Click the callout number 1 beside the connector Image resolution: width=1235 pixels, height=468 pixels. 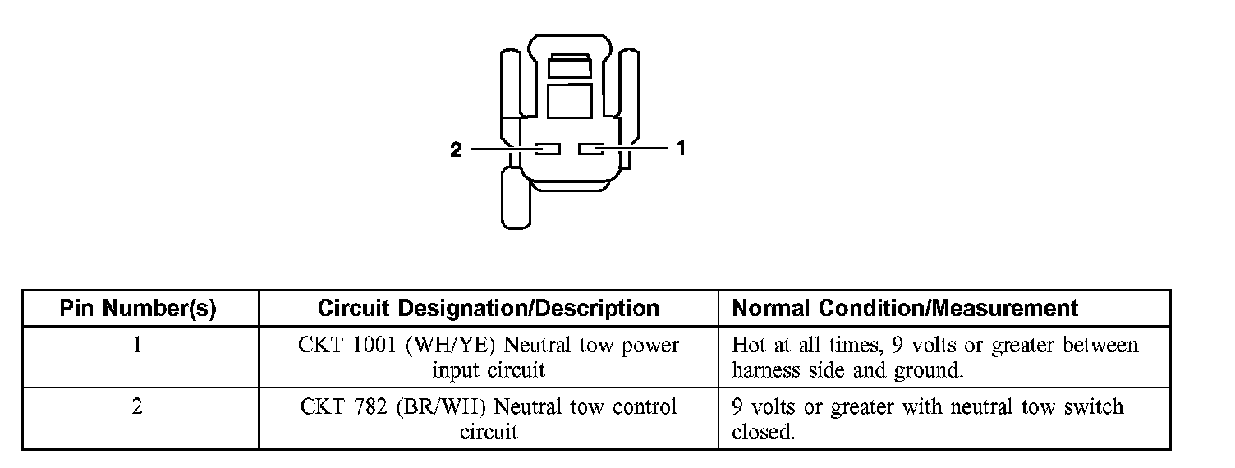[x=680, y=149]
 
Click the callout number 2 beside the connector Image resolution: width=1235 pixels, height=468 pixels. [x=457, y=149]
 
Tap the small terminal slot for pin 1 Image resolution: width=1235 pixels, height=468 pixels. [x=591, y=149]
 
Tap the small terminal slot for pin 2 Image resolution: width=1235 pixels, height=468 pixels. [x=547, y=149]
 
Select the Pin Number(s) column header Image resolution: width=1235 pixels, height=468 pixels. [x=138, y=309]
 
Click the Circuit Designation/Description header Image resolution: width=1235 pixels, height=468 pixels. [x=488, y=309]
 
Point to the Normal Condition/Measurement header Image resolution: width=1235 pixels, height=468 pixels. [x=904, y=309]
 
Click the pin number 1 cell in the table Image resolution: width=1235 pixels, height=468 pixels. [x=137, y=345]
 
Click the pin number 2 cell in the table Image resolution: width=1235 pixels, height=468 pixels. [x=137, y=407]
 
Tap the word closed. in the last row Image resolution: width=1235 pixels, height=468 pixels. [x=763, y=432]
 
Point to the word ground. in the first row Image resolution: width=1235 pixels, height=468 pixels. [x=927, y=370]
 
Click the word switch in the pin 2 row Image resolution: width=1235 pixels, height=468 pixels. [x=1095, y=407]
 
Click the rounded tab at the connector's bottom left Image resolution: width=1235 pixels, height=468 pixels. [x=516, y=197]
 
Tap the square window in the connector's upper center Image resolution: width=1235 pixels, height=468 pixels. [x=570, y=101]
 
